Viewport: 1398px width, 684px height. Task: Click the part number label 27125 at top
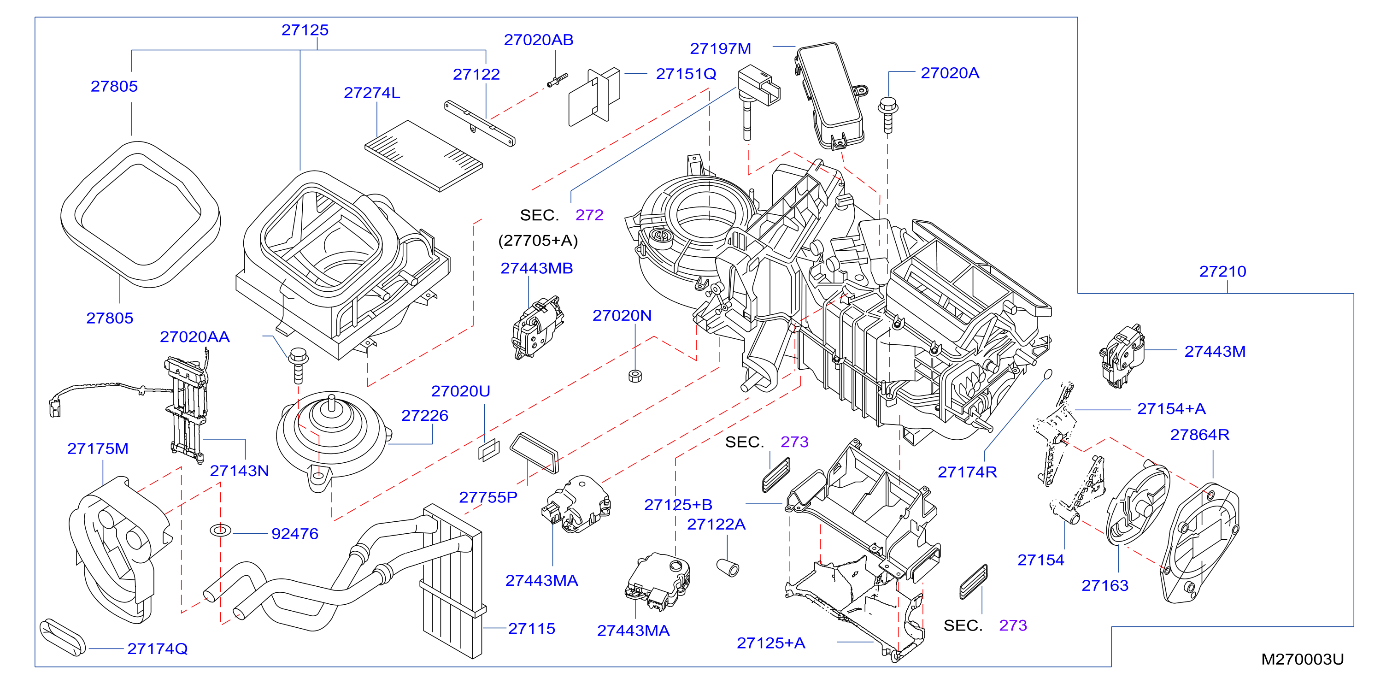[305, 30]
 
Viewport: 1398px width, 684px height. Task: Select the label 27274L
[372, 93]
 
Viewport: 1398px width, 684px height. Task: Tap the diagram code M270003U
[1302, 659]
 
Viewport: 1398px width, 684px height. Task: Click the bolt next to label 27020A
[888, 115]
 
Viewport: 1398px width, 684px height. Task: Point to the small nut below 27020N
[635, 376]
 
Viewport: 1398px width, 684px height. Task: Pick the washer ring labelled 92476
[220, 530]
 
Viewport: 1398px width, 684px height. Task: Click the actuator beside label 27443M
[1122, 356]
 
